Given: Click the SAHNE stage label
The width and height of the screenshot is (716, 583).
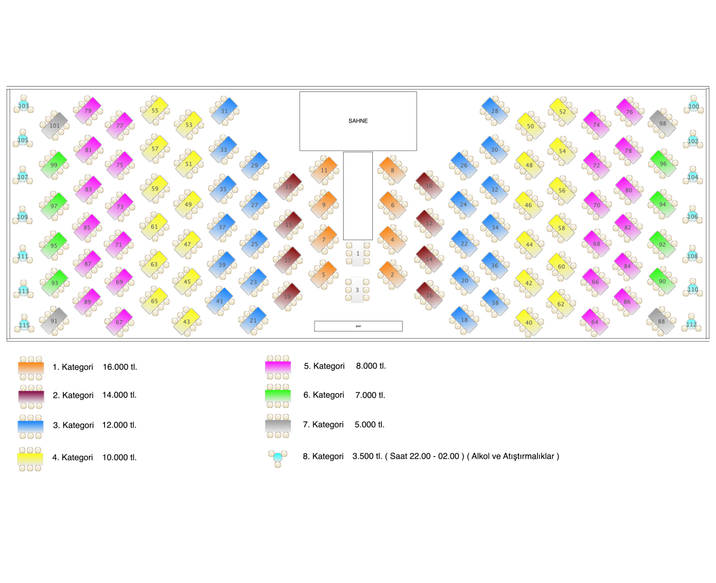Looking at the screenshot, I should [x=358, y=121].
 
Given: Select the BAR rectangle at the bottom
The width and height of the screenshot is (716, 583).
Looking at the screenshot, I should [x=358, y=326].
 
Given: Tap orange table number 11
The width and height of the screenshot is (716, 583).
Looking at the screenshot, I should [x=324, y=170].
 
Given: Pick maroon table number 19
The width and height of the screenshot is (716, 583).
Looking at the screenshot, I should [x=287, y=296].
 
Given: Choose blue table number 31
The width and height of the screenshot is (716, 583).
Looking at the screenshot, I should [x=224, y=111].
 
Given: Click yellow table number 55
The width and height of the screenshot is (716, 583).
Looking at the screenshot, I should [x=155, y=110].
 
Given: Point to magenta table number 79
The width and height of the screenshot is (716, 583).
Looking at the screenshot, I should [x=88, y=111].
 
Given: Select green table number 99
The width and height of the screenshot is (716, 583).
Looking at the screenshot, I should [x=54, y=164].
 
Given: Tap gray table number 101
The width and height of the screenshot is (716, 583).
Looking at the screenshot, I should [x=54, y=125].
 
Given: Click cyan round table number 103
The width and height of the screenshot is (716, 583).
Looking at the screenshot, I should [x=23, y=106].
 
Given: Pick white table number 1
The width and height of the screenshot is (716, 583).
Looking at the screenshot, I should [x=357, y=253].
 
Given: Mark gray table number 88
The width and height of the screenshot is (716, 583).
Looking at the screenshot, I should [x=661, y=321].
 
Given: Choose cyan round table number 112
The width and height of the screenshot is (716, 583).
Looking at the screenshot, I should [x=691, y=324].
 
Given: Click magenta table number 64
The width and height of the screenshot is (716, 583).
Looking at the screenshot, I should [x=594, y=322].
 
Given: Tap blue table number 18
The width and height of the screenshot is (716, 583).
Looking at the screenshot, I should [x=464, y=320].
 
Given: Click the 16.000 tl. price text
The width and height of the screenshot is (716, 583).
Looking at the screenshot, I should [x=120, y=367].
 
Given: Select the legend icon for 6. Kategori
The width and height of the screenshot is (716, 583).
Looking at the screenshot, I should [x=277, y=395].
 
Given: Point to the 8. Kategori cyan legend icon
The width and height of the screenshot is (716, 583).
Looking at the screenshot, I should [x=277, y=458].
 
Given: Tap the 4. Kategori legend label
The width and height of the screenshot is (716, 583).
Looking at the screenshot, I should [x=73, y=458].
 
